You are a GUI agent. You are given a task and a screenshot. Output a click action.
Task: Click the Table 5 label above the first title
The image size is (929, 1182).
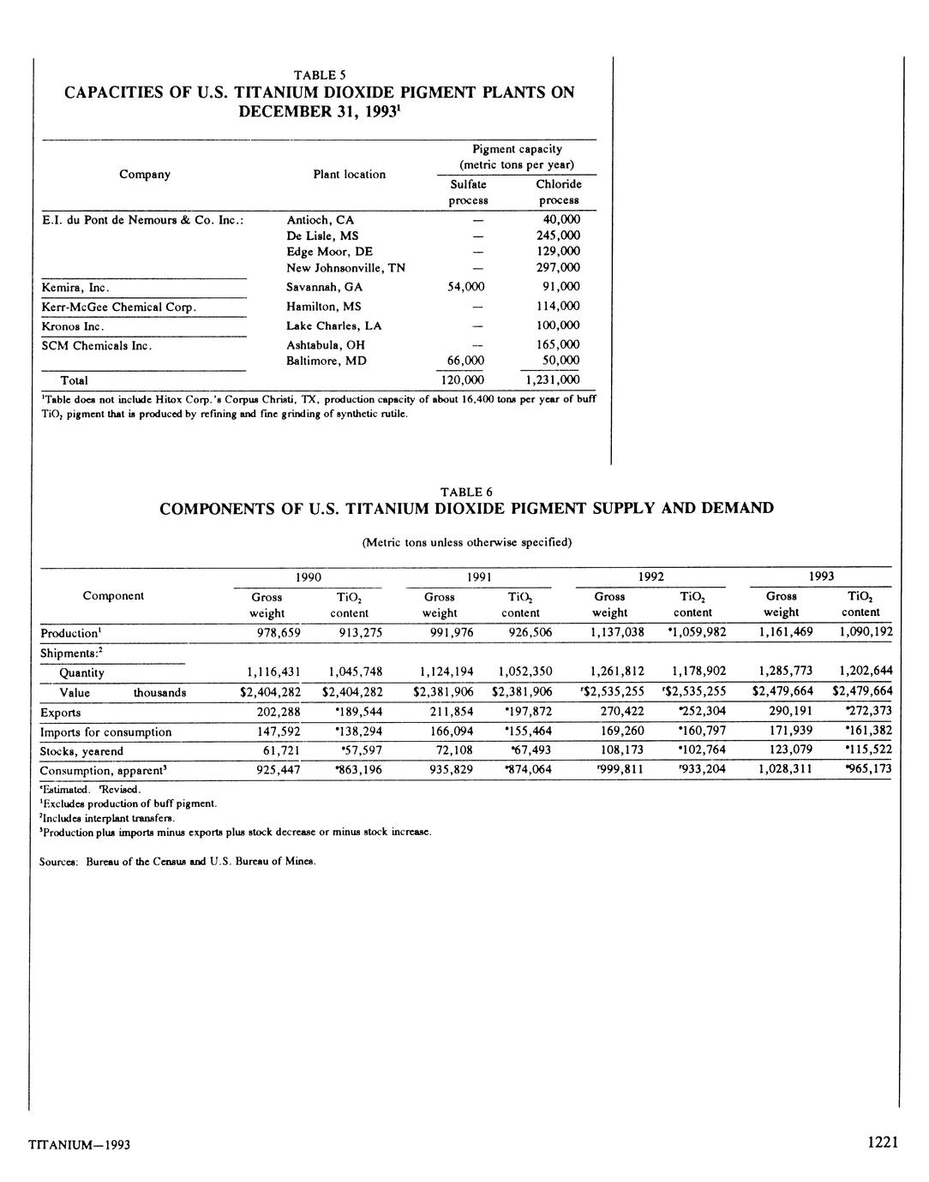pyautogui.click(x=319, y=75)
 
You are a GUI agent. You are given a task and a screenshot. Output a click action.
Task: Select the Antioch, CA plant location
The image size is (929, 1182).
pyautogui.click(x=320, y=219)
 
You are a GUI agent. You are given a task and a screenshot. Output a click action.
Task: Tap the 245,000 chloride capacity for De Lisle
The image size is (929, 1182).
pyautogui.click(x=558, y=236)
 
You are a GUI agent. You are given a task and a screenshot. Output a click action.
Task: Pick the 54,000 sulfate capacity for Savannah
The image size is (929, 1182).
pyautogui.click(x=466, y=287)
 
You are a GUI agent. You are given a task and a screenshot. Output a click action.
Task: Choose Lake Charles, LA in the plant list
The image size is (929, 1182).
pyautogui.click(x=334, y=325)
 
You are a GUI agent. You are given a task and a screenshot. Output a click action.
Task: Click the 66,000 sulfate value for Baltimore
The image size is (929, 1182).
pyautogui.click(x=466, y=361)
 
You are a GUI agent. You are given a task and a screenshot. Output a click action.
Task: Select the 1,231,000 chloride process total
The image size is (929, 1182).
pyautogui.click(x=551, y=380)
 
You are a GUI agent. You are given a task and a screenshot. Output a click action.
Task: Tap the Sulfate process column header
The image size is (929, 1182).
pyautogui.click(x=468, y=192)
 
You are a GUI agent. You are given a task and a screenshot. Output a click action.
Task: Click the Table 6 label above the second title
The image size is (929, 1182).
pyautogui.click(x=466, y=492)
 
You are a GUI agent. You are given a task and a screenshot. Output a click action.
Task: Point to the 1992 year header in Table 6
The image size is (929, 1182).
pyautogui.click(x=650, y=577)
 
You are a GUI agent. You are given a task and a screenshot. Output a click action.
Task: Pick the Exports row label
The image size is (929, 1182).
pyautogui.click(x=61, y=713)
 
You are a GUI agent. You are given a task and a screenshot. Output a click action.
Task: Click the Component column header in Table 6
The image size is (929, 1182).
pyautogui.click(x=113, y=595)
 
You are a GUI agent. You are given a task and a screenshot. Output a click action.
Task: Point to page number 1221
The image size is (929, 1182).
pyautogui.click(x=882, y=1143)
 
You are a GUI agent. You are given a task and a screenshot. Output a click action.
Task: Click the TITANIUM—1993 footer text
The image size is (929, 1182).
pyautogui.click(x=79, y=1145)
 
